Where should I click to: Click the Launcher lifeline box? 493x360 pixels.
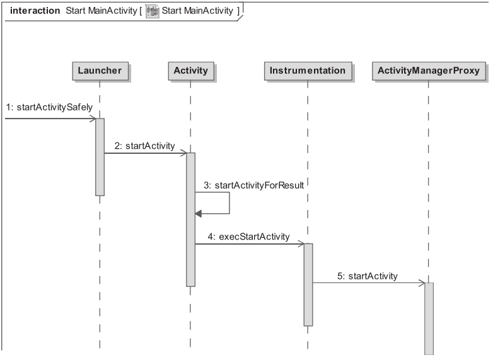click(100, 71)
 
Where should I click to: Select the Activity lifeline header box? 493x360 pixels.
click(190, 71)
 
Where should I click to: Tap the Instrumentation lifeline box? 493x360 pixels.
click(308, 71)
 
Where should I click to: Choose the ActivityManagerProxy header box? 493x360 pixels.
click(428, 71)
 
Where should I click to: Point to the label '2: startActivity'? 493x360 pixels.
click(144, 146)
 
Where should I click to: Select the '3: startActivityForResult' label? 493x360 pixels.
click(253, 185)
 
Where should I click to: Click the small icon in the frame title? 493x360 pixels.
click(152, 11)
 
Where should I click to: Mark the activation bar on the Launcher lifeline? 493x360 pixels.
click(100, 158)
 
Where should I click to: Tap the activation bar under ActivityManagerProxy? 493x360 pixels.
click(429, 318)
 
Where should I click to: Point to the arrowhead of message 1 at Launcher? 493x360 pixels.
click(92, 118)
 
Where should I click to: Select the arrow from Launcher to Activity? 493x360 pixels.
click(145, 153)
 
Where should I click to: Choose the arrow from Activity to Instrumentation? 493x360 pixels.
click(249, 243)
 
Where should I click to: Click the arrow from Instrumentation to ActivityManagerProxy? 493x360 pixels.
click(369, 282)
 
